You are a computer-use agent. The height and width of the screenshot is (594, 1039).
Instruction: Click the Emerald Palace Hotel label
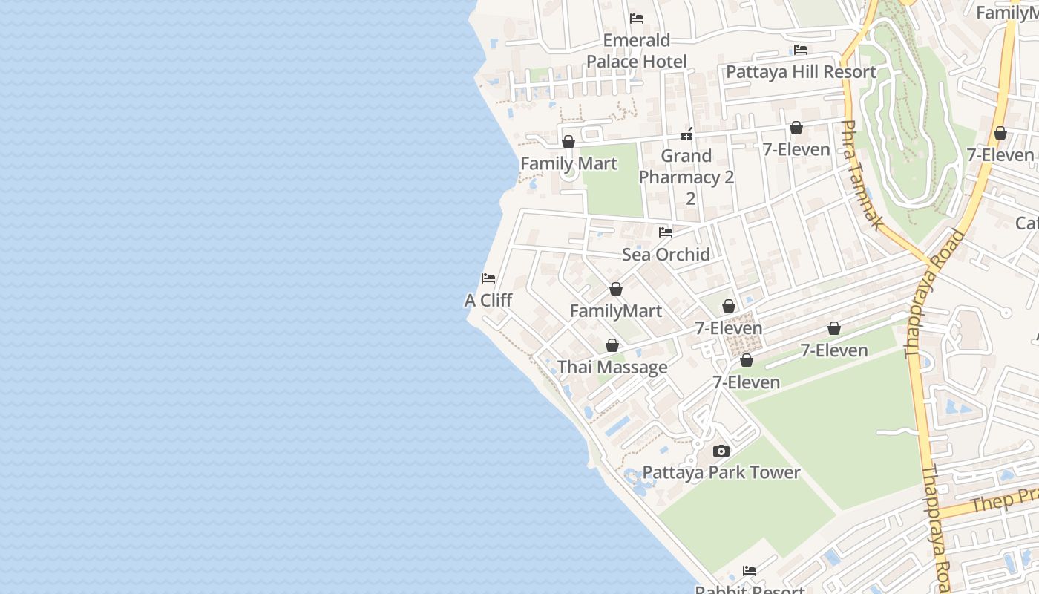coord(637,50)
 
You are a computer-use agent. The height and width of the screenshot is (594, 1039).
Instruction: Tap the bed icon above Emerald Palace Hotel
coord(637,19)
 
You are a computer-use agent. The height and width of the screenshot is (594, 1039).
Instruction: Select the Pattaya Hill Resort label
coord(801,72)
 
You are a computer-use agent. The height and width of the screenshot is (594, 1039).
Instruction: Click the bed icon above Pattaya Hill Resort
coord(801,50)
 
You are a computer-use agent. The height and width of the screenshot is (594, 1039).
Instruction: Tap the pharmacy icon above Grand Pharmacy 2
coord(686,134)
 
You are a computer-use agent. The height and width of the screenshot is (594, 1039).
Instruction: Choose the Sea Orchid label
coord(666,255)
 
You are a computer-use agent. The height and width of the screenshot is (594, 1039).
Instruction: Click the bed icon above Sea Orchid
coord(666,232)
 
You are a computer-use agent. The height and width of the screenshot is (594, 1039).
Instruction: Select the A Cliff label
coord(488,301)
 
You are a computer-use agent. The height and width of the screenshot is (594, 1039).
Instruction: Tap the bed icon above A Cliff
coord(488,278)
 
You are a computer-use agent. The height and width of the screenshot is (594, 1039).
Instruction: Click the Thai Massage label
coord(612,368)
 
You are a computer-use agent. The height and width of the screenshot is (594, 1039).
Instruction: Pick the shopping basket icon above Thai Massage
coord(612,345)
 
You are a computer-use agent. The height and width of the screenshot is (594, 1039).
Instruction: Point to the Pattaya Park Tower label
coord(721,473)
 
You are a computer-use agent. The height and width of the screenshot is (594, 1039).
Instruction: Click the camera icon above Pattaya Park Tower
coord(721,451)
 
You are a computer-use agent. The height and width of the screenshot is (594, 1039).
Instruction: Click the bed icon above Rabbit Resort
coord(750,571)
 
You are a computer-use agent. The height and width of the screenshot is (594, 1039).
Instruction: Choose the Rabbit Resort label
coord(750,590)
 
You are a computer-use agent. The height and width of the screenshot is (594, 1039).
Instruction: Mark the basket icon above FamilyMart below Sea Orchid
coord(616,289)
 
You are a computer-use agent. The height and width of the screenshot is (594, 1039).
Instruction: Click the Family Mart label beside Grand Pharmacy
coord(568,163)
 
